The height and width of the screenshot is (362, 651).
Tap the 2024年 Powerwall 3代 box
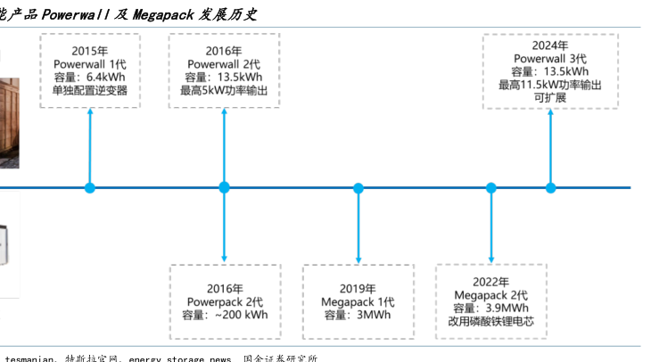click(x=550, y=71)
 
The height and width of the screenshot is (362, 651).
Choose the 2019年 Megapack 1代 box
click(x=358, y=300)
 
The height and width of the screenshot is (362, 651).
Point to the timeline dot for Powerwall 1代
click(x=89, y=187)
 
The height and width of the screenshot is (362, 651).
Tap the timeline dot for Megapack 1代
click(x=358, y=187)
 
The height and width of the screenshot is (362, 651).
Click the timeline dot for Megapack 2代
click(x=490, y=187)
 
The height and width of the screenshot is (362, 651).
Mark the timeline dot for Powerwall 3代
click(x=550, y=187)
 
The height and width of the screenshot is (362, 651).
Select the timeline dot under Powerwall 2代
click(x=224, y=187)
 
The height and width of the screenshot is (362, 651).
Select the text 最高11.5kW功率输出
click(x=550, y=85)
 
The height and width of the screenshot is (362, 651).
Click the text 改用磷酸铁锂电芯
click(x=490, y=320)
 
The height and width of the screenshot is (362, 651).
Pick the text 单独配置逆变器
click(x=89, y=91)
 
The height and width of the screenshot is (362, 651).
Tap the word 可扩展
click(x=550, y=97)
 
